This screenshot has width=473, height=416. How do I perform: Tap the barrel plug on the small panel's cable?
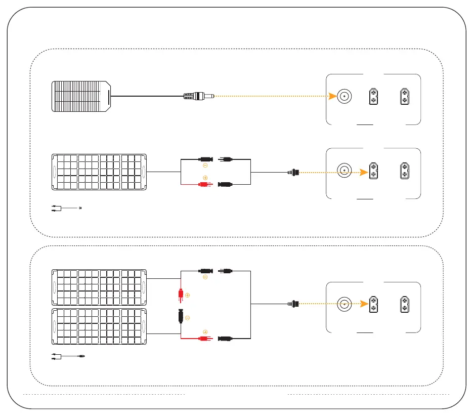pyautogui.click(x=198, y=96)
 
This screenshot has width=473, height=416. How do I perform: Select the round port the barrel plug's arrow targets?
pyautogui.click(x=345, y=96)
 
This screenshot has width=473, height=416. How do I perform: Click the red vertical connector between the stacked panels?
pyautogui.click(x=181, y=294)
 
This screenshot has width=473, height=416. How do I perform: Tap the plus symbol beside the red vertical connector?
pyautogui.click(x=188, y=295)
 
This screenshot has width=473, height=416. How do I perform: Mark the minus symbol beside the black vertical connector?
pyautogui.click(x=188, y=318)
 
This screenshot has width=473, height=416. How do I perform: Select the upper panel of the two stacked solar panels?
pyautogui.click(x=99, y=287)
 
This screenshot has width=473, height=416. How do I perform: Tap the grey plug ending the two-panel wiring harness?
pyautogui.click(x=293, y=305)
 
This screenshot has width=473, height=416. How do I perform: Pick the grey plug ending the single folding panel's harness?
pyautogui.click(x=293, y=172)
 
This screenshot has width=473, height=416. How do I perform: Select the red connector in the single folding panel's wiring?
pyautogui.click(x=205, y=185)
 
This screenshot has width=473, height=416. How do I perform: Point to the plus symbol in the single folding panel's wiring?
pyautogui.click(x=205, y=178)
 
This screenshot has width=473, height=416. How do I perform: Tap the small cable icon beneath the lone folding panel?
pyautogui.click(x=66, y=208)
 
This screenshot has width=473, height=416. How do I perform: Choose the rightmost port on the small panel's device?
pyautogui.click(x=405, y=96)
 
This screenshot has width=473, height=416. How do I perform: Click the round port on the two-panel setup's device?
pyautogui.click(x=345, y=305)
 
